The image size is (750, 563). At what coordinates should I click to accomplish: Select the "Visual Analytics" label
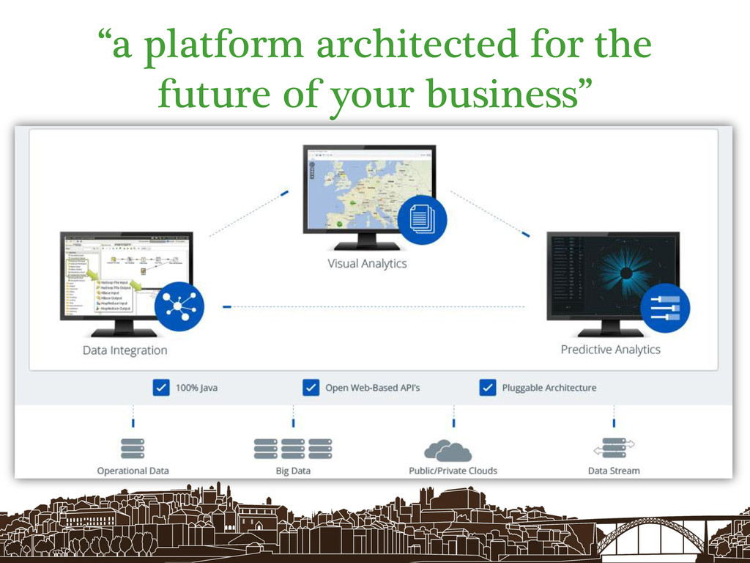click(x=367, y=263)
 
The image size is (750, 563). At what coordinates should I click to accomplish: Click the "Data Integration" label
click(x=125, y=350)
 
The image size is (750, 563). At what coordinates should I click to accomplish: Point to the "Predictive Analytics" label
click(x=610, y=350)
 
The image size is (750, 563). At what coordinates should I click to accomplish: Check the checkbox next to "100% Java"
click(x=161, y=387)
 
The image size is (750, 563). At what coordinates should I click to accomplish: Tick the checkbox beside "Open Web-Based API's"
click(x=311, y=387)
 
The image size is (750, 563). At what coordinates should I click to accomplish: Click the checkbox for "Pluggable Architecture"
click(x=487, y=387)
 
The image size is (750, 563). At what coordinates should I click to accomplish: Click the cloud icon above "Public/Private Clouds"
click(x=448, y=449)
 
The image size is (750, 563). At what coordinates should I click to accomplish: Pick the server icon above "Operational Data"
click(x=133, y=449)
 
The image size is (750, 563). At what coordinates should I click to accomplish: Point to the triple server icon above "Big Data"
click(x=293, y=449)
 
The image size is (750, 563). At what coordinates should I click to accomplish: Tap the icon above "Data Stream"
click(x=613, y=449)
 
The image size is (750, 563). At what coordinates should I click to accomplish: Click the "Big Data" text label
click(x=293, y=471)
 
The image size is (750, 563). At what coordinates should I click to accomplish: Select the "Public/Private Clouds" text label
click(x=453, y=471)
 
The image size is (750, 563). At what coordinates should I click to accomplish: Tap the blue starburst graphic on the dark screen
click(x=625, y=273)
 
